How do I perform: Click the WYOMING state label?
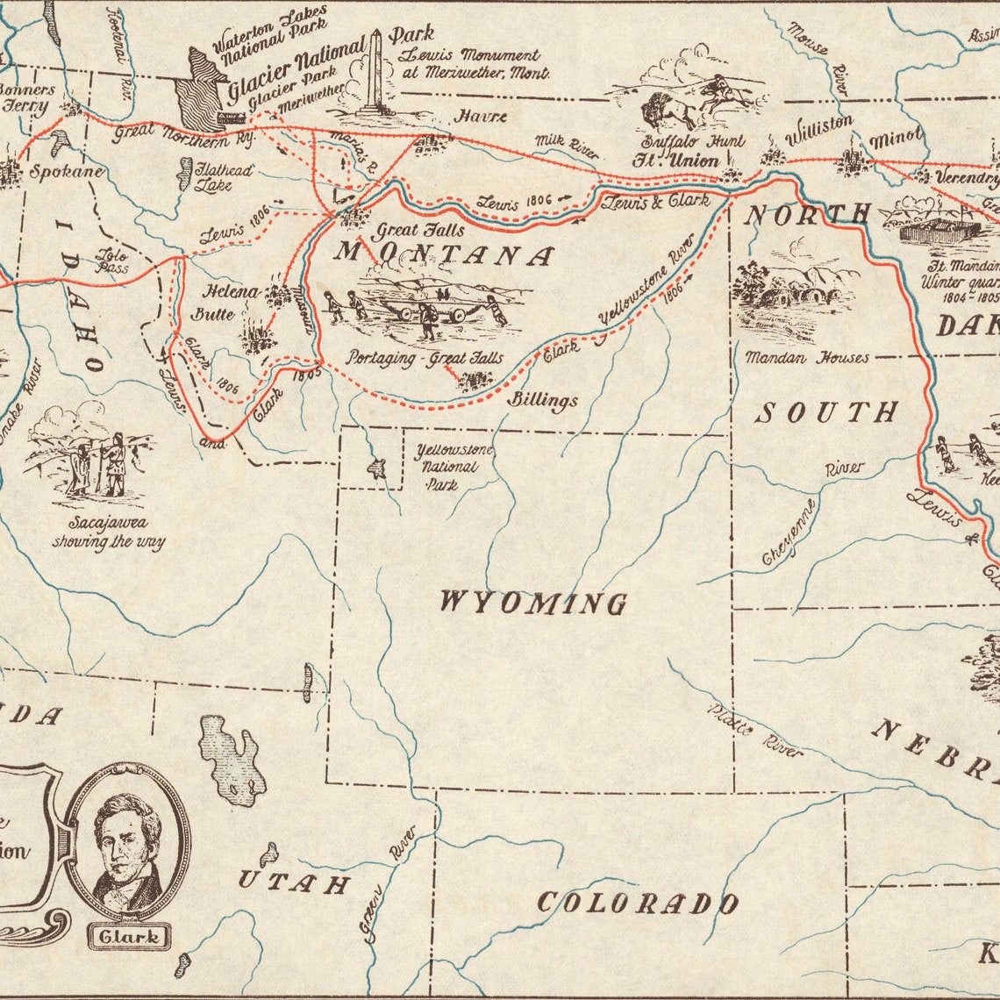click(x=532, y=603)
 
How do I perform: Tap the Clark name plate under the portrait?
click(x=130, y=936)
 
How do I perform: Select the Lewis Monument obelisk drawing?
click(x=376, y=75)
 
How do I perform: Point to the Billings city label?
click(x=545, y=400)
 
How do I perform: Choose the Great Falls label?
click(x=420, y=232)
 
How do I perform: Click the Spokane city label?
click(x=67, y=171)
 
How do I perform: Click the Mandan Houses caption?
click(x=807, y=358)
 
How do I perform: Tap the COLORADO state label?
click(x=637, y=903)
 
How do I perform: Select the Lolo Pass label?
click(x=112, y=261)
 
